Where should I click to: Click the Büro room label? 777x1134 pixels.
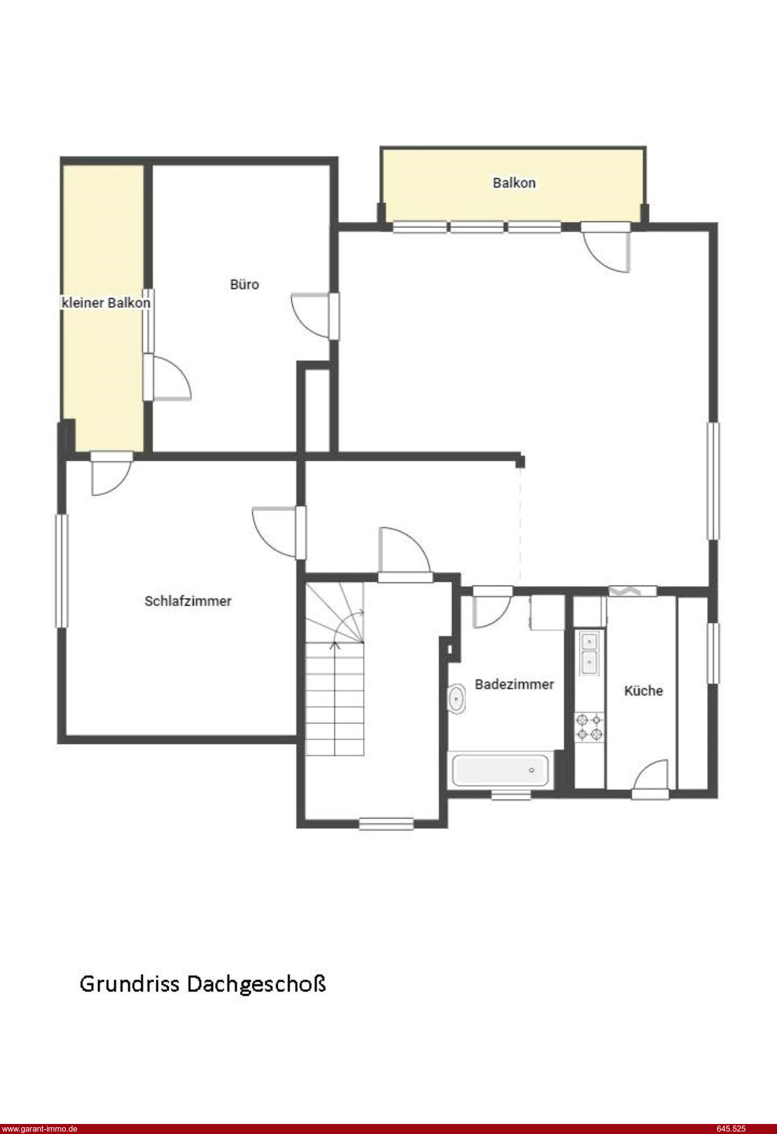coord(244,285)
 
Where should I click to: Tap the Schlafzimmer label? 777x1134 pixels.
coord(188,601)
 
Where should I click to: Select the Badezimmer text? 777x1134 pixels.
coord(514,684)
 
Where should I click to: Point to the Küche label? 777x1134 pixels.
coord(643,690)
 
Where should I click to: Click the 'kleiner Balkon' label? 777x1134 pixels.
coord(106,303)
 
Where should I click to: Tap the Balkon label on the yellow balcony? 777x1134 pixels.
coord(514,183)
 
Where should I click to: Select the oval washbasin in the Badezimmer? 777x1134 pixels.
coord(456,699)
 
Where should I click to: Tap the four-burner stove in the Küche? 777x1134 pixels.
coord(589,727)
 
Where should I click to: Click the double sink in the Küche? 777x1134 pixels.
coord(590,652)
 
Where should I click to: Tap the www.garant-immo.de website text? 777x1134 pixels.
coord(39,1129)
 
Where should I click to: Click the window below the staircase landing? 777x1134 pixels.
coord(386,824)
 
